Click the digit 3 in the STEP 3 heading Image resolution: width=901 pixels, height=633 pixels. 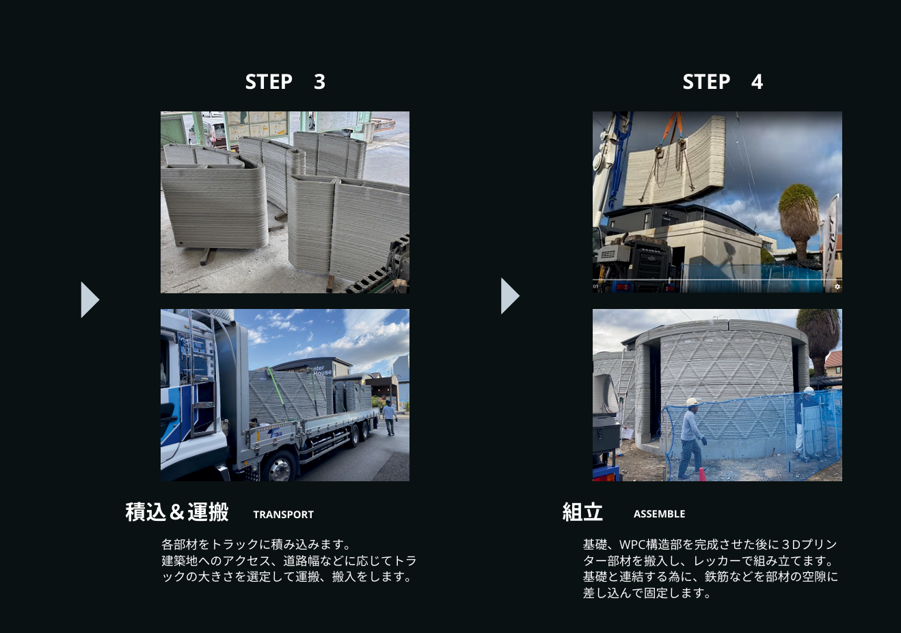pyautogui.click(x=319, y=82)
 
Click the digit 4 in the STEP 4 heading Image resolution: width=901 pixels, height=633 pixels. pyautogui.click(x=757, y=82)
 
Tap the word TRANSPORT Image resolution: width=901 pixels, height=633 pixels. pyautogui.click(x=283, y=514)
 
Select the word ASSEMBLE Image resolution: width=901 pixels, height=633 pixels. pyautogui.click(x=659, y=513)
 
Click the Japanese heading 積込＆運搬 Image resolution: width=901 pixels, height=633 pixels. pyautogui.click(x=177, y=512)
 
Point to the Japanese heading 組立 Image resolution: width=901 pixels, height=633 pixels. pyautogui.click(x=582, y=512)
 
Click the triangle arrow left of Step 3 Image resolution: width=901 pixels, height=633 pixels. pyautogui.click(x=90, y=299)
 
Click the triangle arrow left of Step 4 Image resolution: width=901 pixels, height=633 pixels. pyautogui.click(x=510, y=296)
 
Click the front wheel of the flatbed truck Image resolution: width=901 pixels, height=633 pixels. pyautogui.click(x=279, y=466)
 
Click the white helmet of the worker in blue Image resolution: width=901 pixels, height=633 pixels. pyautogui.click(x=691, y=401)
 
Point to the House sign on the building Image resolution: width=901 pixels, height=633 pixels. pyautogui.click(x=323, y=373)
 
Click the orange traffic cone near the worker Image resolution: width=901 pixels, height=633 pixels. pyautogui.click(x=702, y=474)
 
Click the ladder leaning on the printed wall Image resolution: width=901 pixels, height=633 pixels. pyautogui.click(x=626, y=388)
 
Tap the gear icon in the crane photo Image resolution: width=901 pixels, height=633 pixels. pyautogui.click(x=837, y=286)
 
